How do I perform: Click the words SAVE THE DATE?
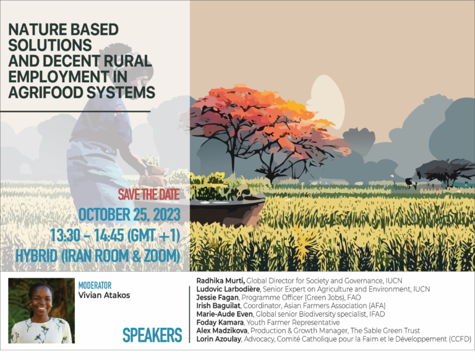click(148, 195)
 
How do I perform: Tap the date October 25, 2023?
click(129, 215)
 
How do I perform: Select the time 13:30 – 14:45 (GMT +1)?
click(115, 236)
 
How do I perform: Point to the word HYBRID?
click(36, 255)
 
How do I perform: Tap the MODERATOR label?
click(95, 285)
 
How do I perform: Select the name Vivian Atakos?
click(104, 295)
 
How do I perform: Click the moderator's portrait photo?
click(41, 311)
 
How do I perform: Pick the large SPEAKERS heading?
click(152, 335)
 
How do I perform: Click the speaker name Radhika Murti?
click(221, 281)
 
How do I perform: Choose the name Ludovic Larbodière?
click(228, 289)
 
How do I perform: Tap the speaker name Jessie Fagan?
click(217, 298)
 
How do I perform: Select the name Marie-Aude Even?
click(224, 314)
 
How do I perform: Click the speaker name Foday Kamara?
click(220, 322)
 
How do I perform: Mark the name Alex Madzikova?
click(222, 330)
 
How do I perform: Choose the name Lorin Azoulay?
click(219, 339)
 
